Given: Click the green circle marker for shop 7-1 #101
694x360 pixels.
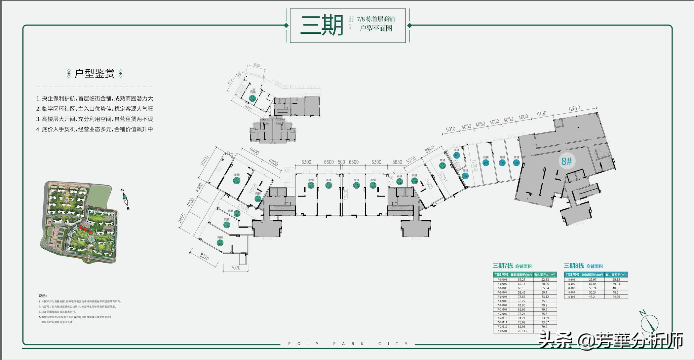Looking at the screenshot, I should point(237,181).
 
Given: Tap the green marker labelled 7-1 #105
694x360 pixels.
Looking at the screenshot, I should point(220,243).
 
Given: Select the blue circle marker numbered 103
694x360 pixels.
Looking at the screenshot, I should point(485,163).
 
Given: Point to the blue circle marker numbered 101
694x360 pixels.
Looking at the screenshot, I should point(457,155).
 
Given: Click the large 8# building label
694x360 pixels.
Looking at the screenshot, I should point(566,161).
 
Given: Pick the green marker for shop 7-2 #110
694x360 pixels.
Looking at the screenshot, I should point(400,182).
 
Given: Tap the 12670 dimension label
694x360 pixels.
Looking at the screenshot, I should point(574,108).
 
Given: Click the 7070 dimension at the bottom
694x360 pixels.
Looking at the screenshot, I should point(236,268).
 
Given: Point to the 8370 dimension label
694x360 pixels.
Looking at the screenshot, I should point(204,256).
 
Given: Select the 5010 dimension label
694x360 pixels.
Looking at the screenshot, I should point(450,129).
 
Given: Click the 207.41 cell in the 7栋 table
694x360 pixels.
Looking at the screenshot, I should point(522,331).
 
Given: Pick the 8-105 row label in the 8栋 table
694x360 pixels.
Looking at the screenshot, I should point(571,297).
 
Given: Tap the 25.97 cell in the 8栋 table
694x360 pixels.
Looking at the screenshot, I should point(592,279).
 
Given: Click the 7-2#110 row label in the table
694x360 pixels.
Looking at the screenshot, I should point(502,318).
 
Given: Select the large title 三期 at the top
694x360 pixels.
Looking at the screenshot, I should point(322,26).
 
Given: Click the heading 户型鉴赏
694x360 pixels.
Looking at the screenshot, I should point(95,73).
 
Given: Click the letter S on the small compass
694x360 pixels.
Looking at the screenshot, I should point(128,208).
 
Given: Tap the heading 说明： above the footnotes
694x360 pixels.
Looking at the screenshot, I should point(43,296).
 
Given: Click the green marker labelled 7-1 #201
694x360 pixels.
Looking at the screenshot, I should point(252,98).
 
